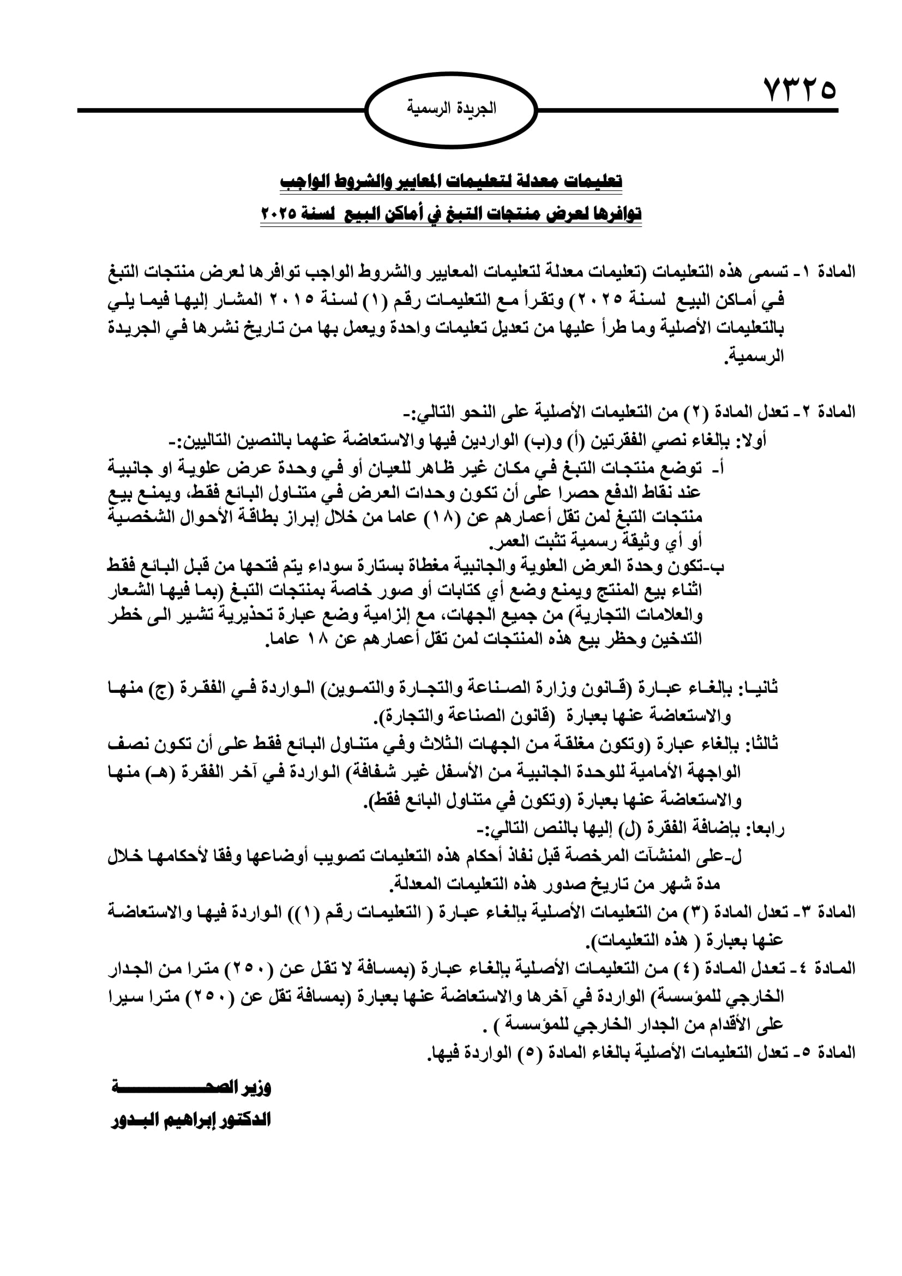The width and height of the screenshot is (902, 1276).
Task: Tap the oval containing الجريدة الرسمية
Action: tap(452, 110)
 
